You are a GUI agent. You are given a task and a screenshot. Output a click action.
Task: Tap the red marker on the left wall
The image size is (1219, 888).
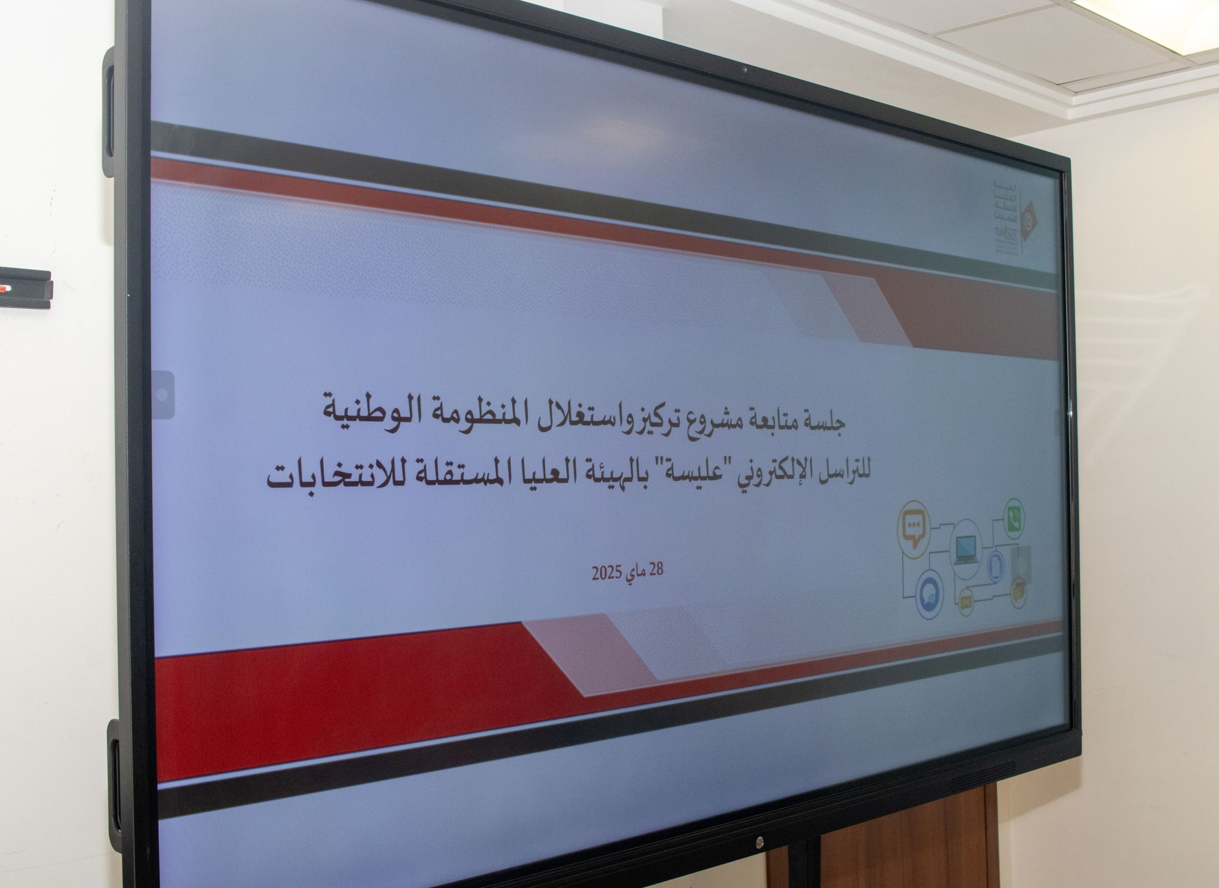pos(5,289)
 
